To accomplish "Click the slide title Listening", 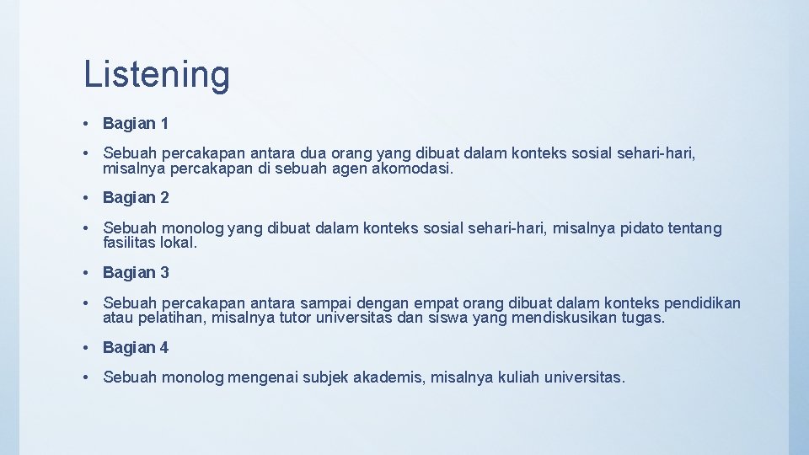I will tap(156, 74).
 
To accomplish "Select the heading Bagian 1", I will tap(136, 124).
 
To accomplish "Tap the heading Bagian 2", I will tap(136, 198).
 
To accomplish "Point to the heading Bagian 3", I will tap(136, 273).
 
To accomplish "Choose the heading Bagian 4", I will tap(136, 347).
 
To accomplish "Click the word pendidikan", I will tap(702, 302).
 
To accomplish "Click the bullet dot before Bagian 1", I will tap(88, 124).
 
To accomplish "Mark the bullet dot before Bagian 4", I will tap(88, 347).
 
